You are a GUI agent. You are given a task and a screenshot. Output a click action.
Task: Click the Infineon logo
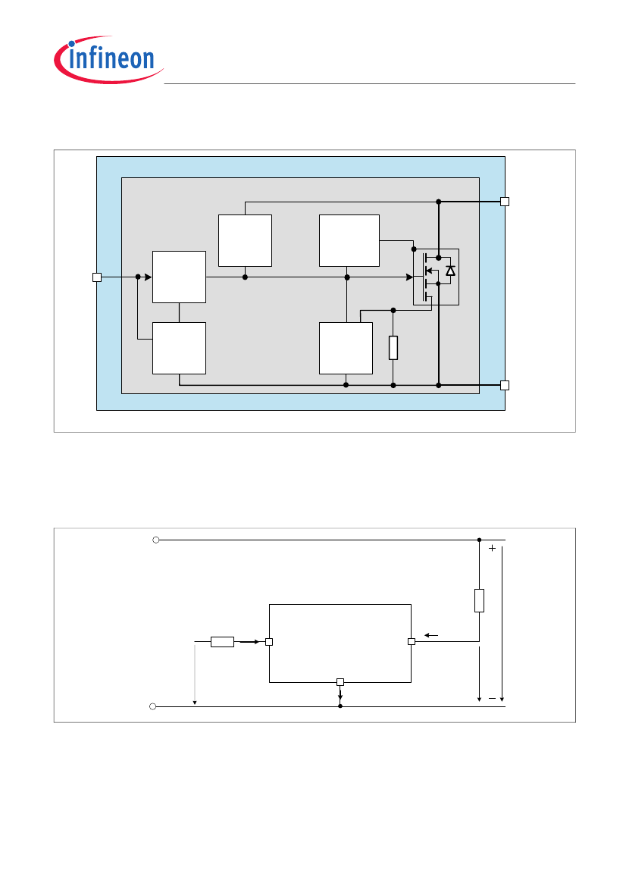[x=108, y=59]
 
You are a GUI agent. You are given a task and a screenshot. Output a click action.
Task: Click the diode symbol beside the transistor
[x=450, y=271]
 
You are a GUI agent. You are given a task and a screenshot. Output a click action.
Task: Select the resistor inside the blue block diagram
[x=393, y=348]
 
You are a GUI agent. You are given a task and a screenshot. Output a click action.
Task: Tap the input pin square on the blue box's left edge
[x=96, y=277]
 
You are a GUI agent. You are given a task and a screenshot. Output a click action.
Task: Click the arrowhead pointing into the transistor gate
[x=410, y=277]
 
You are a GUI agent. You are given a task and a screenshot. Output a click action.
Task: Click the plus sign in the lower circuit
[x=492, y=548]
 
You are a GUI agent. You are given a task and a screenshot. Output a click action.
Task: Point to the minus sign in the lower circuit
[x=492, y=698]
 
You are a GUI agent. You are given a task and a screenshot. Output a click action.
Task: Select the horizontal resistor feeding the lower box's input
[x=222, y=641]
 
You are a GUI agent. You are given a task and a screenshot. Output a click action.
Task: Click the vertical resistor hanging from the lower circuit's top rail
[x=479, y=600]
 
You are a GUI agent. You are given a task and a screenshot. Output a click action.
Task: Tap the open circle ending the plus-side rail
[x=156, y=540]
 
